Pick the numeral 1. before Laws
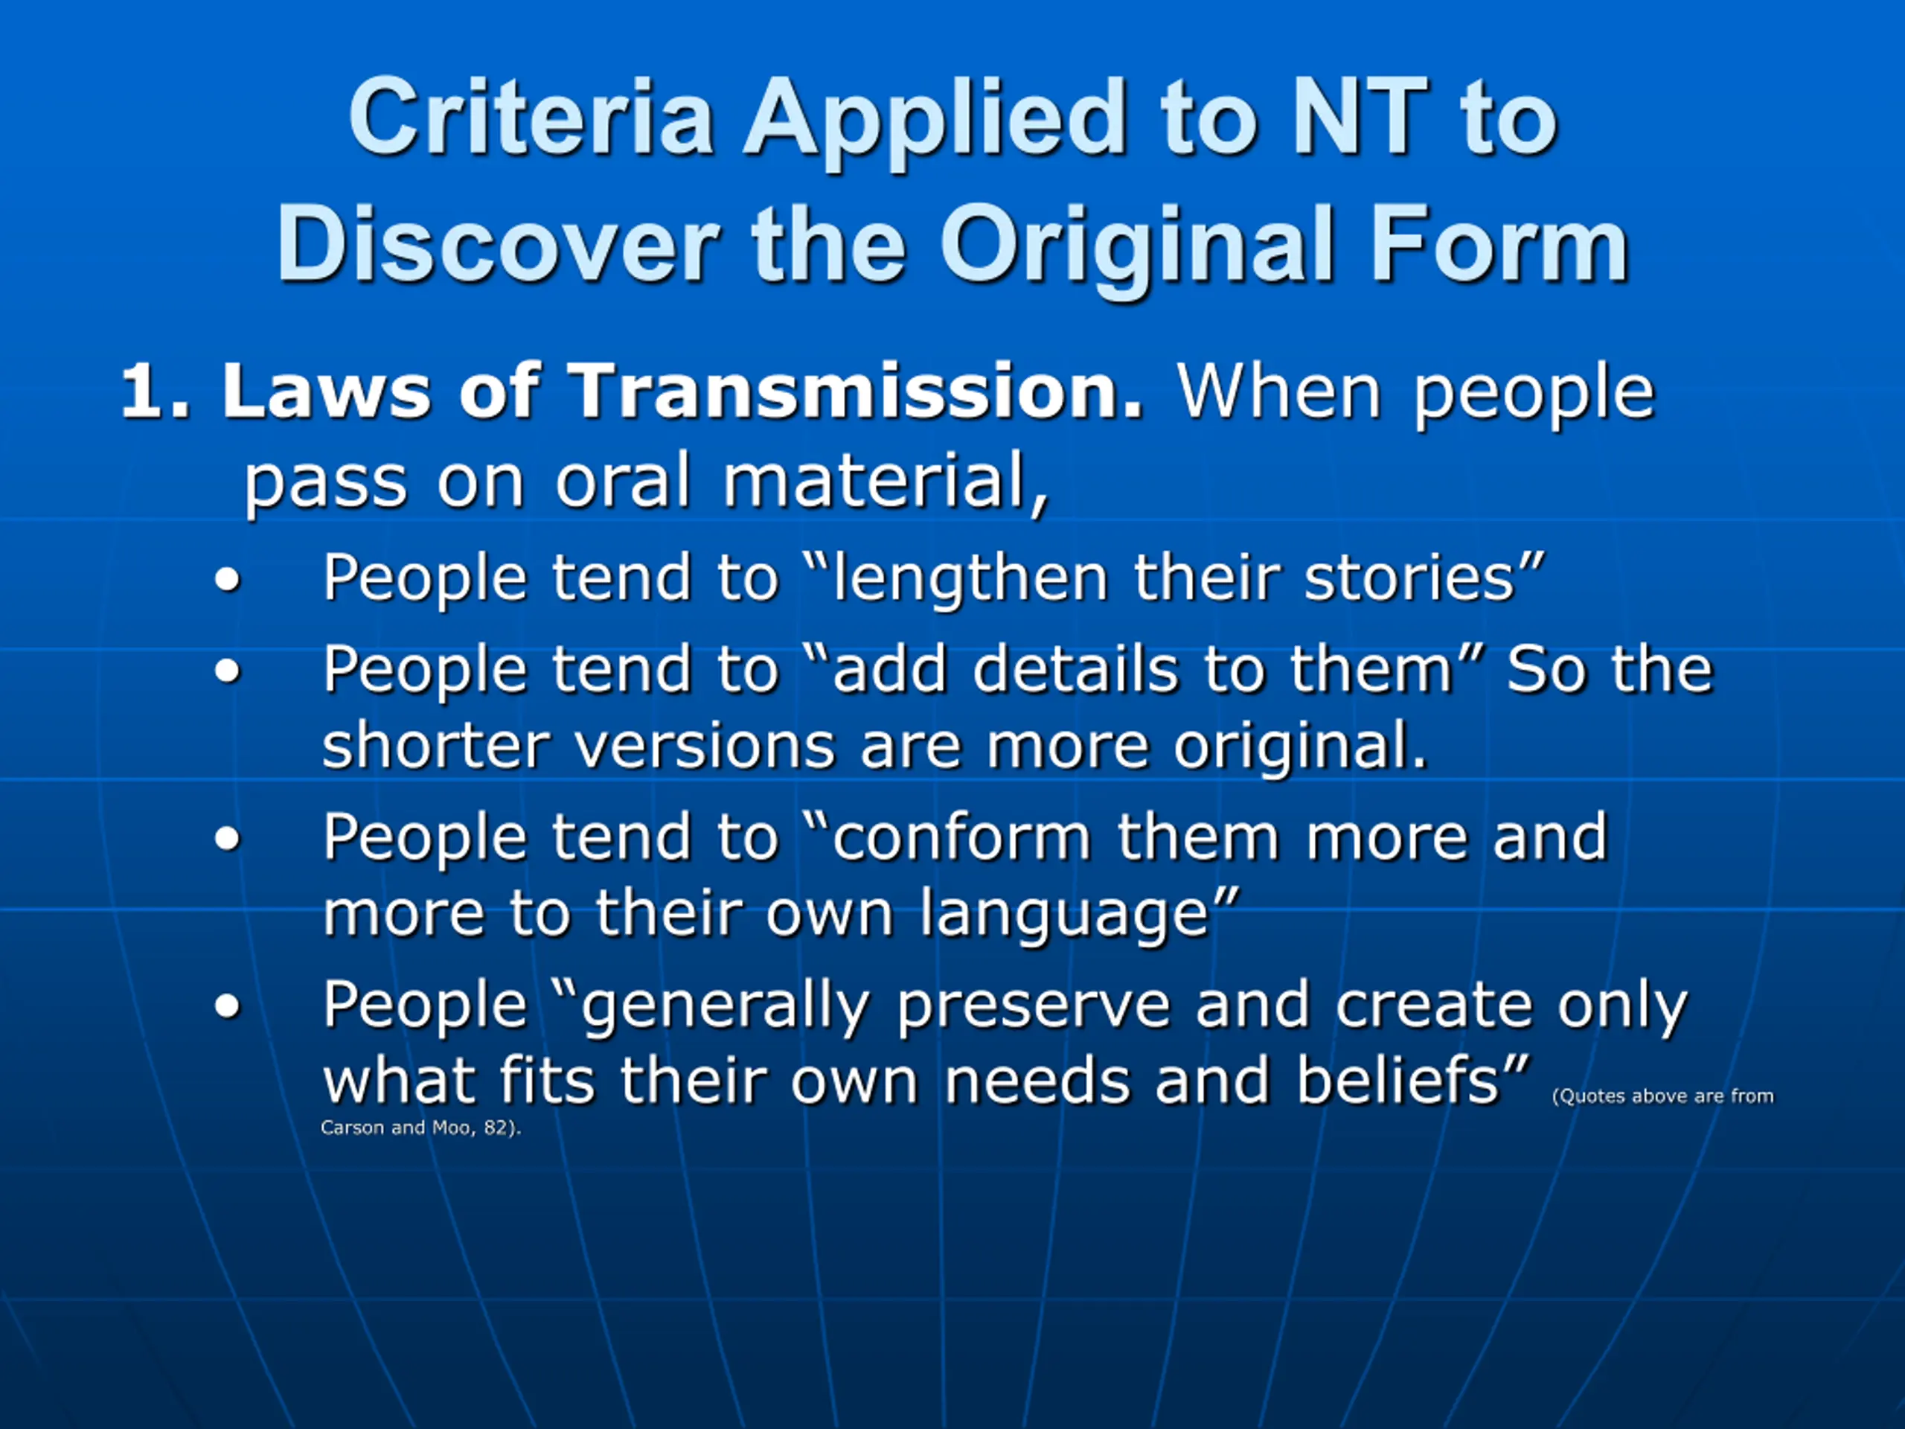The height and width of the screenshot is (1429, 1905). pyautogui.click(x=154, y=393)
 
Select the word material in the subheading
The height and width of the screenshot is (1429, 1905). pyautogui.click(x=886, y=482)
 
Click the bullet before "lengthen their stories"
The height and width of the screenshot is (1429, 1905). pyautogui.click(x=228, y=579)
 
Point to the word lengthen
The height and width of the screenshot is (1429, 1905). pyautogui.click(x=971, y=579)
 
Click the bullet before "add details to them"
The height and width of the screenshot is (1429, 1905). pyautogui.click(x=228, y=671)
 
